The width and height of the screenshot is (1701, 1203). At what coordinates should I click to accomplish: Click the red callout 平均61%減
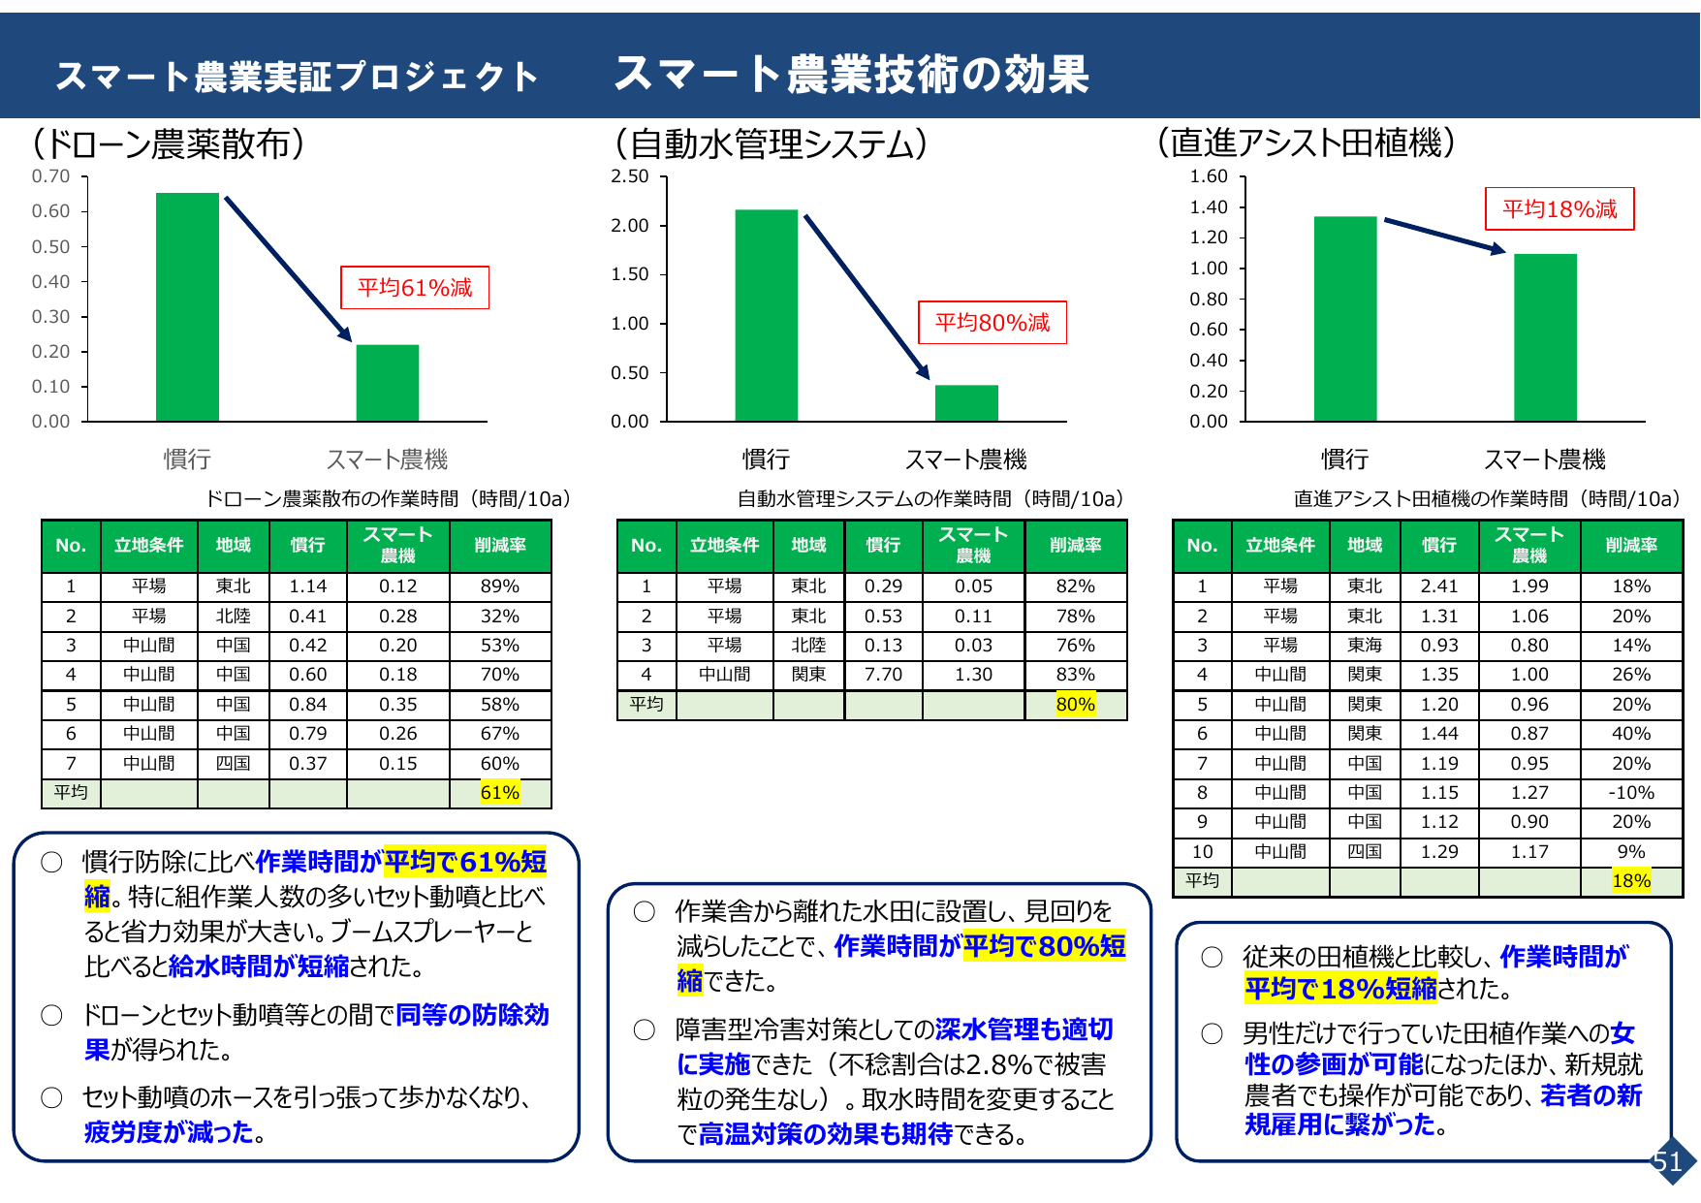click(x=415, y=288)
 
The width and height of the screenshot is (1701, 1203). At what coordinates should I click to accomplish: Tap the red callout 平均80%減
click(x=992, y=323)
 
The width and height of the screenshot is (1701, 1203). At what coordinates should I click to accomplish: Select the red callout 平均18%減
click(x=1559, y=208)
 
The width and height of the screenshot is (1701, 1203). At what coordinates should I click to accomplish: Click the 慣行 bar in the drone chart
click(x=187, y=306)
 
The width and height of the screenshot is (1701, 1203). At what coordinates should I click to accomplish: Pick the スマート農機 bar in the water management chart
click(x=966, y=403)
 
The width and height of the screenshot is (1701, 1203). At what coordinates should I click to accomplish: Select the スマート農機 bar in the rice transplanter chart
click(x=1545, y=337)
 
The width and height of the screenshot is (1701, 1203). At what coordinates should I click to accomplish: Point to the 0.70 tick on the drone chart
click(x=50, y=176)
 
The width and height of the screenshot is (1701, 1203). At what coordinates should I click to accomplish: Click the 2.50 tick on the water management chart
click(x=630, y=176)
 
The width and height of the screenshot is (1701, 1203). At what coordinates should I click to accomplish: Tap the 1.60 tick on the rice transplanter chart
click(x=1209, y=176)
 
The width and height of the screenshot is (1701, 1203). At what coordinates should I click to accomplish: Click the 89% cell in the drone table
click(x=500, y=586)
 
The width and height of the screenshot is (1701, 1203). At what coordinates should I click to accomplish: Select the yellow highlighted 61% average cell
click(x=500, y=793)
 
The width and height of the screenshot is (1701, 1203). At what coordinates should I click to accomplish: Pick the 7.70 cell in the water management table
click(x=883, y=675)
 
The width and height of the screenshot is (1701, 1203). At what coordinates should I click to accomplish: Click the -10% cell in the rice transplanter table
click(x=1631, y=793)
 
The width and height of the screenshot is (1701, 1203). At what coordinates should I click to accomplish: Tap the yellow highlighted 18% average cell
click(x=1631, y=881)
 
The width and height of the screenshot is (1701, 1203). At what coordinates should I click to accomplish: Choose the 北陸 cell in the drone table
click(x=234, y=617)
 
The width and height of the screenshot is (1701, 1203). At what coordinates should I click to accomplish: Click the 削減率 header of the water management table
click(x=1076, y=546)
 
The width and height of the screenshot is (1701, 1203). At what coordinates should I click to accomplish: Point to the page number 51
click(x=1667, y=1161)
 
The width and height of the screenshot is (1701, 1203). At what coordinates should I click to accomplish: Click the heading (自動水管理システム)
click(x=771, y=144)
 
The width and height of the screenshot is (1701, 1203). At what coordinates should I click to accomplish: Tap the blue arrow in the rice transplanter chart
click(x=1444, y=237)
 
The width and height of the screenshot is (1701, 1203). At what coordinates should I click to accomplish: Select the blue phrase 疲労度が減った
click(x=169, y=1132)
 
